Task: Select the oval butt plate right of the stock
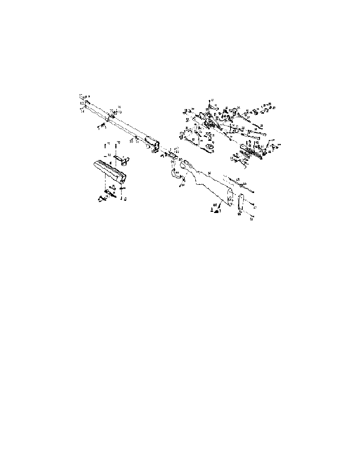[x=240, y=204]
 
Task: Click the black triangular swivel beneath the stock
[x=216, y=210]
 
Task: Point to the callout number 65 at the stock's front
[x=180, y=159]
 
